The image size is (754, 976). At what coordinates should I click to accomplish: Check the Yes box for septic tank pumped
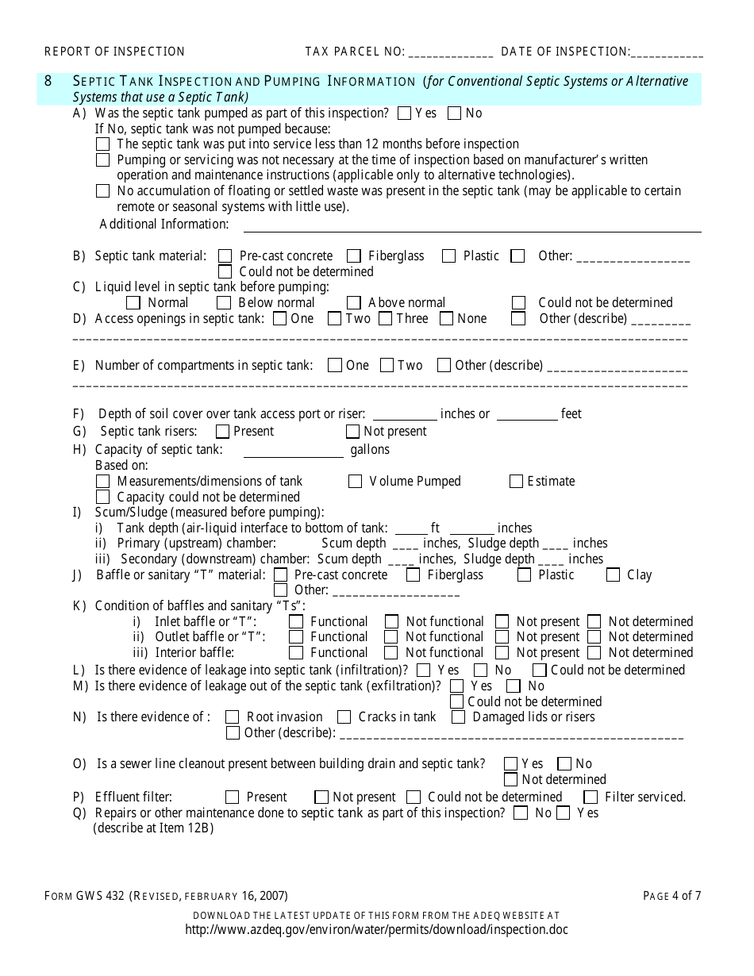(x=404, y=113)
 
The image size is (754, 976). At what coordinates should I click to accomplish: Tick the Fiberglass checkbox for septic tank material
(x=354, y=256)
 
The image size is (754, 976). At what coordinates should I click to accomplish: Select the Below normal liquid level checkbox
(x=224, y=302)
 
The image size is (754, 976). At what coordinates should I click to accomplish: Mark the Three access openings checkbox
(x=385, y=318)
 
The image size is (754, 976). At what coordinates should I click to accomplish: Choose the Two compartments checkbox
(x=387, y=365)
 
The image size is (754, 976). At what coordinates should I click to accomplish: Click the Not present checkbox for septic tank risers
(x=352, y=432)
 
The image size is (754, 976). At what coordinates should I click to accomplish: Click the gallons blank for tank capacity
(x=293, y=451)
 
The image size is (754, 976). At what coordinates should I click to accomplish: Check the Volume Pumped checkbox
(x=355, y=481)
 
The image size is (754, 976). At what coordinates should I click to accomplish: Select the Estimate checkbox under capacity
(x=516, y=481)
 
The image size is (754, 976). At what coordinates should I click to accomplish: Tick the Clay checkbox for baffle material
(x=613, y=574)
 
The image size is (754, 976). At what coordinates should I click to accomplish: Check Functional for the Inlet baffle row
(x=296, y=621)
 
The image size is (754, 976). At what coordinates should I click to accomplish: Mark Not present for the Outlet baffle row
(x=502, y=637)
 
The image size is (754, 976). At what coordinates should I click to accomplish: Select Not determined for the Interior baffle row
(x=594, y=652)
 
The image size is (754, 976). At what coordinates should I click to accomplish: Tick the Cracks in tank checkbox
(x=344, y=717)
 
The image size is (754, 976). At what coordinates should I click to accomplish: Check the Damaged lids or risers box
(x=458, y=717)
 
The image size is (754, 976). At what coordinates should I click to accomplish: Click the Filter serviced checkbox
(x=590, y=797)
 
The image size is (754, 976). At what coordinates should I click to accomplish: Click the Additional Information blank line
(x=468, y=225)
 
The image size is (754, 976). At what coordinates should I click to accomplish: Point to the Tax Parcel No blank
(x=451, y=52)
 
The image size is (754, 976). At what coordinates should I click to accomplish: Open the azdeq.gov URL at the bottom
(x=376, y=930)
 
